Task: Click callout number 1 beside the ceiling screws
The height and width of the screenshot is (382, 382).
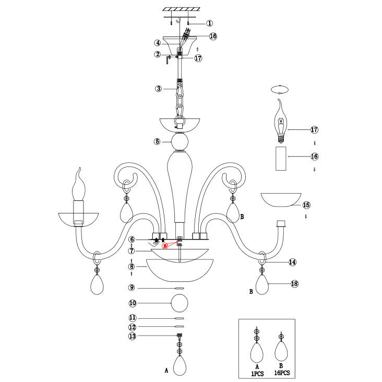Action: click(210, 23)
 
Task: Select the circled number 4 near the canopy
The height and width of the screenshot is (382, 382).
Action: click(157, 43)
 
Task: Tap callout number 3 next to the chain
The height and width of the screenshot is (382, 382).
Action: click(158, 89)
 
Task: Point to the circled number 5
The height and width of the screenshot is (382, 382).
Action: click(157, 141)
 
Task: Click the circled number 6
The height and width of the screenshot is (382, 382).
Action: click(133, 240)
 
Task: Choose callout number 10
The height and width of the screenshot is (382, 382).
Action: click(133, 303)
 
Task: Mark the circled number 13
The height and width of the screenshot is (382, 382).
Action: click(133, 337)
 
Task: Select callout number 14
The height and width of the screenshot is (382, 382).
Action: click(293, 262)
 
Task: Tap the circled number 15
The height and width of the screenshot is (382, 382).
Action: click(306, 205)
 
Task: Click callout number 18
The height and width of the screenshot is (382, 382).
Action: click(294, 284)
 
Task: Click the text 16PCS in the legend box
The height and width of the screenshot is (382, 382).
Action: click(281, 374)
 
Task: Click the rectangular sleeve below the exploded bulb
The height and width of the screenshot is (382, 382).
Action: click(281, 159)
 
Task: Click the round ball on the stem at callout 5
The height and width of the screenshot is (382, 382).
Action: click(180, 141)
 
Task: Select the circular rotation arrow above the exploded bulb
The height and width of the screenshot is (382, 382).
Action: click(281, 89)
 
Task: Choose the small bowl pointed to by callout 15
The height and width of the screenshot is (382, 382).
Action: click(281, 199)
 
